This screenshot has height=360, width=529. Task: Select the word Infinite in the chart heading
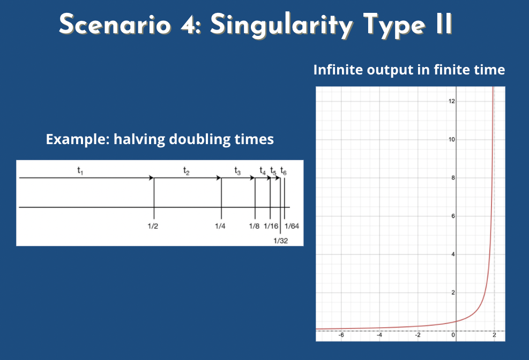click(338, 70)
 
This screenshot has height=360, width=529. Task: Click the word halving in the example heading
click(139, 139)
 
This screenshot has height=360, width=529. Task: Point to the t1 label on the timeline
click(80, 170)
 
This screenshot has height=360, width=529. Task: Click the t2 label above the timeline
click(186, 170)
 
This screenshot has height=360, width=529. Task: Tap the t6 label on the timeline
click(284, 171)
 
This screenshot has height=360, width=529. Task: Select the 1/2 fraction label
click(153, 226)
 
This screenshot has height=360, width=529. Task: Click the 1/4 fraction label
click(220, 226)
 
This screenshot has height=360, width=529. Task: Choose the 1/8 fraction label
click(255, 226)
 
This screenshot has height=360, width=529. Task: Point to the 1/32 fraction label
click(281, 241)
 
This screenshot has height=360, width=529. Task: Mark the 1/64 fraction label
click(292, 226)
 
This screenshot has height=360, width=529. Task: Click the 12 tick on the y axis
click(452, 101)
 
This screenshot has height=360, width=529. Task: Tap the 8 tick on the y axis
click(453, 178)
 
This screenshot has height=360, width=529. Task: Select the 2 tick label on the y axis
click(453, 292)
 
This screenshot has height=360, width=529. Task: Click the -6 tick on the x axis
click(341, 335)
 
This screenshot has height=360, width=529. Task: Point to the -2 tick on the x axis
click(418, 335)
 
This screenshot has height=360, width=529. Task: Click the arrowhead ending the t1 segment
click(152, 178)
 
